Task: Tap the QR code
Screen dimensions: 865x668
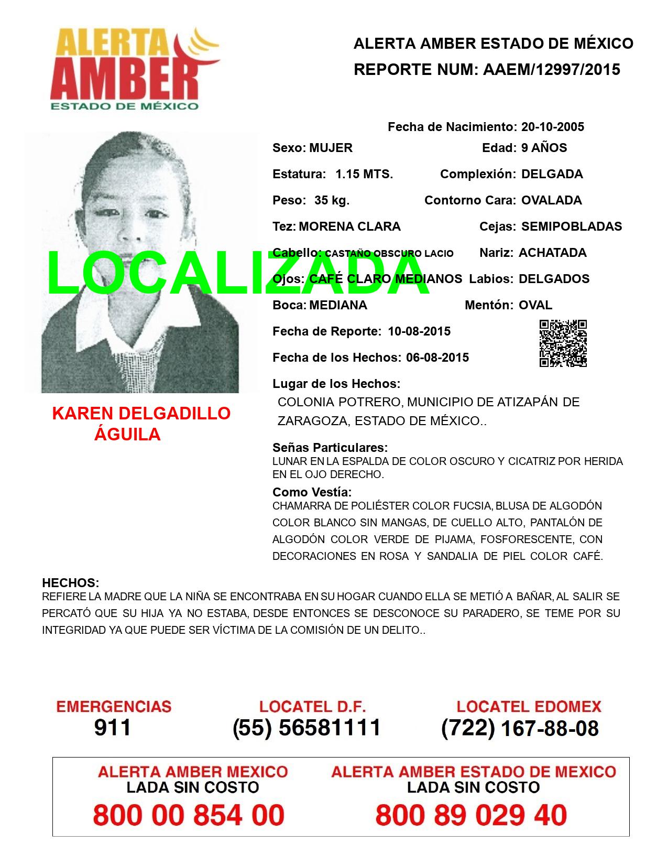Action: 563,343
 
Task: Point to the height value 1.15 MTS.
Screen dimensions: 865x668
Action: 364,174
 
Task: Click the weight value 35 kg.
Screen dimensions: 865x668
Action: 332,200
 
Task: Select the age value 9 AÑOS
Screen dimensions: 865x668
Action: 544,148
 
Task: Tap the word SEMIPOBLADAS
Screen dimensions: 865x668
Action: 572,226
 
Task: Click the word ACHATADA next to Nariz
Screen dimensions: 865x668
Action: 552,253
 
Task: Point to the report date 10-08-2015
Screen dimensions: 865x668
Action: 419,331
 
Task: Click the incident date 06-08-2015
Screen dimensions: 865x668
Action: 437,358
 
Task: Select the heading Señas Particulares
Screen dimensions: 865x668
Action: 330,448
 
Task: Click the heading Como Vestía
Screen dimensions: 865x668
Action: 312,492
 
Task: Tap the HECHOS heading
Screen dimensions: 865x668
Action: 70,583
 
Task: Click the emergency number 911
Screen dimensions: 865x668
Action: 113,728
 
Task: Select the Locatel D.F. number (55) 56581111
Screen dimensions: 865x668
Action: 306,728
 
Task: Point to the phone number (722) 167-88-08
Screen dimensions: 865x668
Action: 520,728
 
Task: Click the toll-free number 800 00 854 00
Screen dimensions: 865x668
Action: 189,815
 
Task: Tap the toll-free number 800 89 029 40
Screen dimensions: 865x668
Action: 471,815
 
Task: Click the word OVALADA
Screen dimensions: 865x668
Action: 551,200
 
